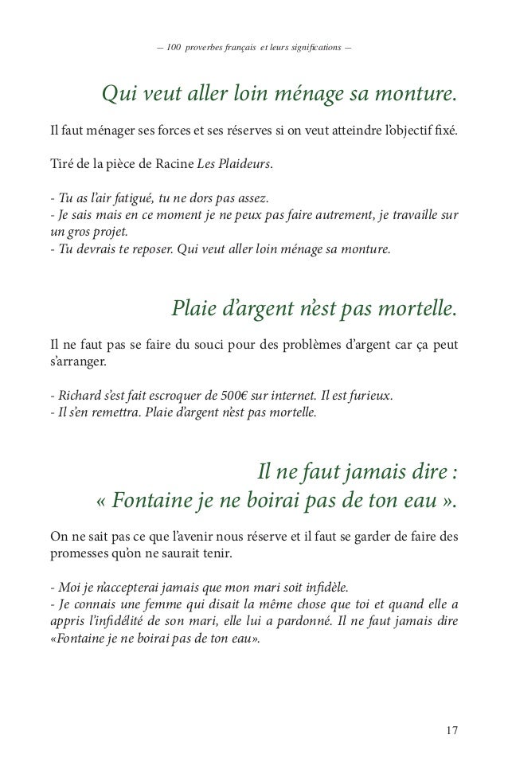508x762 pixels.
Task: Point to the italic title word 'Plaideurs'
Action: pos(247,165)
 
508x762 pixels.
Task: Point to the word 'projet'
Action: pos(115,233)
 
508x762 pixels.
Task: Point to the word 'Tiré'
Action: pos(61,165)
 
